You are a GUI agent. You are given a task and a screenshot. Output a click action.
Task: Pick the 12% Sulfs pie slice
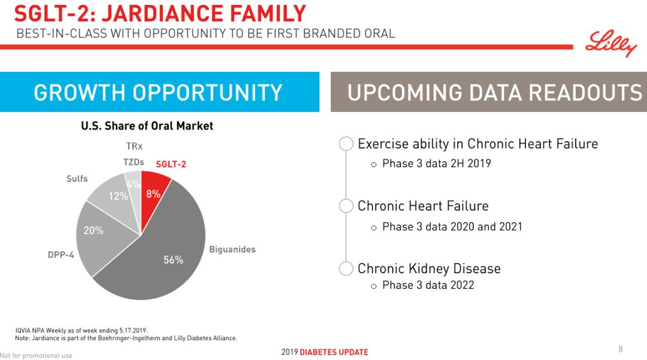click(x=116, y=198)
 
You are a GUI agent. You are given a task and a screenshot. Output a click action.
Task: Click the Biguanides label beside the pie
click(x=232, y=250)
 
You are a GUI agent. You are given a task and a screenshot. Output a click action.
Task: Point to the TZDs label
click(x=134, y=162)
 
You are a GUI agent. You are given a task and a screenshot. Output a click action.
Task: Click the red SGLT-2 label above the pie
click(x=171, y=164)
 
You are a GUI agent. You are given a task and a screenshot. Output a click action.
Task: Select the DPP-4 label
click(x=61, y=255)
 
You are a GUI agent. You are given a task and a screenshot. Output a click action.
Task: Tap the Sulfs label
click(x=77, y=179)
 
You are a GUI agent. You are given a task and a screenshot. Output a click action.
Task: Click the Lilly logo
click(x=611, y=43)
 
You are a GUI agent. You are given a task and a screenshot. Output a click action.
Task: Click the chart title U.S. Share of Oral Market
click(x=147, y=126)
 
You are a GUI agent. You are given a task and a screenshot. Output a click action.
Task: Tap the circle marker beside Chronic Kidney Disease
click(x=346, y=268)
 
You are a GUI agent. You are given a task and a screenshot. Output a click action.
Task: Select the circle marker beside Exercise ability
click(x=346, y=144)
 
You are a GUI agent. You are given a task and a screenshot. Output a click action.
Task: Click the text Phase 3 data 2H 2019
click(x=437, y=164)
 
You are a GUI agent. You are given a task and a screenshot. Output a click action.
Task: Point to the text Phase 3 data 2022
click(x=428, y=285)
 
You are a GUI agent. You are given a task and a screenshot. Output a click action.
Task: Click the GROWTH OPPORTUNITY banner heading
click(x=158, y=92)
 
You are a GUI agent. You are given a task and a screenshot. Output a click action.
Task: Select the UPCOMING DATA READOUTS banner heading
click(x=495, y=92)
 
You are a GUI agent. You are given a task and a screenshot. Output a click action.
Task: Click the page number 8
click(x=620, y=349)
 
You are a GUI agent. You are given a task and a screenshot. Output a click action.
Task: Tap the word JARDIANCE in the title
click(x=162, y=14)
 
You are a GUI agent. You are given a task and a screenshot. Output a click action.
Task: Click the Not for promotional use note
click(x=36, y=355)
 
